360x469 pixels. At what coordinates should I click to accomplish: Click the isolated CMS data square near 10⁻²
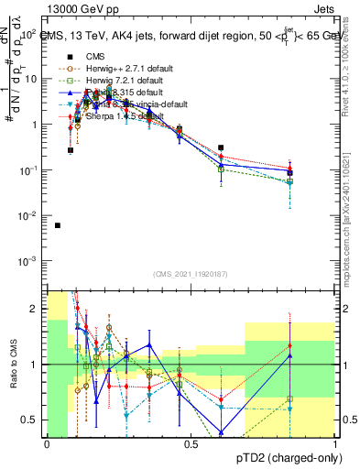(58, 225)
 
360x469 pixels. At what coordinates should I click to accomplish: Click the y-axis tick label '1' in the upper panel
(36, 125)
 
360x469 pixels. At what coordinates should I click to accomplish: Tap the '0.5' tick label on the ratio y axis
(32, 420)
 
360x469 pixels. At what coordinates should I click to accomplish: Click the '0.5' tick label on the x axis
(191, 444)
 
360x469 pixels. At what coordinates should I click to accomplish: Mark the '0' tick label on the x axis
(47, 444)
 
